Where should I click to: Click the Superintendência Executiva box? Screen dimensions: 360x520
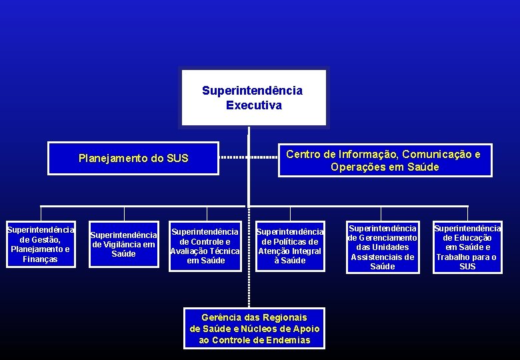[253, 98]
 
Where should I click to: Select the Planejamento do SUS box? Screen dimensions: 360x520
[133, 159]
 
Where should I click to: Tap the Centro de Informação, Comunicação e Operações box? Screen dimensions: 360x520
[385, 161]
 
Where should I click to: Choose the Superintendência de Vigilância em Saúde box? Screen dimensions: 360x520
[123, 244]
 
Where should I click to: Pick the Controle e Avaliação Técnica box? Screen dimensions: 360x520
[205, 246]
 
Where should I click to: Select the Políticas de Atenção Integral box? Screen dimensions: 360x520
[290, 246]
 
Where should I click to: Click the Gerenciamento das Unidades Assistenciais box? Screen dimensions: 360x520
[382, 247]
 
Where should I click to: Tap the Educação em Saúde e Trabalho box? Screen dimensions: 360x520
[467, 247]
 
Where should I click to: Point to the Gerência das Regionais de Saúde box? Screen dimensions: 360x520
[255, 329]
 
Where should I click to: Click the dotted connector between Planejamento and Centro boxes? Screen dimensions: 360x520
[248, 158]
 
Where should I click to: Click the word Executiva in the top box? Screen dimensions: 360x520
[253, 105]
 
